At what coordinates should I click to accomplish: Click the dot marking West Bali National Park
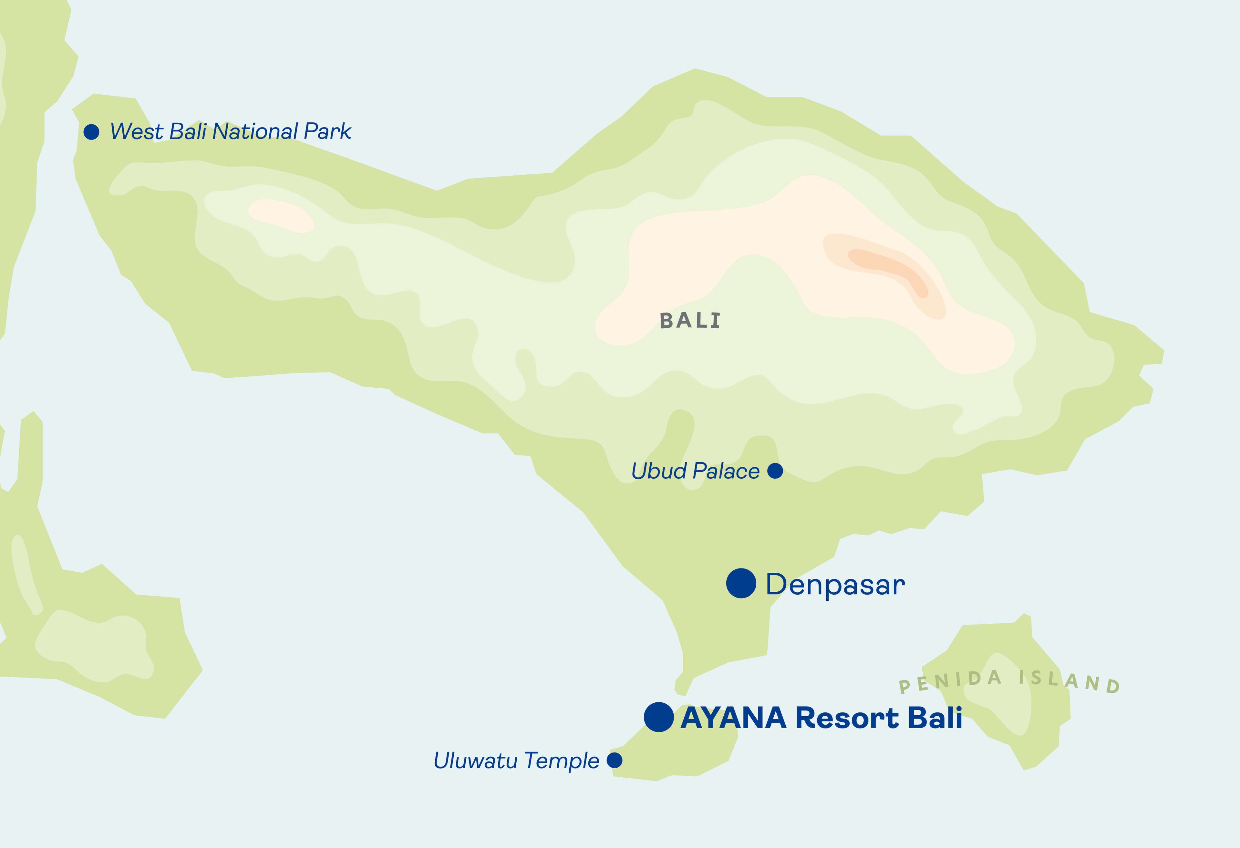click(x=92, y=132)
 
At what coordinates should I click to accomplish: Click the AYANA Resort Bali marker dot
click(x=658, y=717)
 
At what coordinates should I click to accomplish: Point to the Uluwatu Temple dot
click(x=615, y=760)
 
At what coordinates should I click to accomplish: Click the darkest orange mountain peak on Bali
click(x=888, y=269)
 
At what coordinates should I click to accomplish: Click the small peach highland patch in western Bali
click(x=281, y=215)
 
